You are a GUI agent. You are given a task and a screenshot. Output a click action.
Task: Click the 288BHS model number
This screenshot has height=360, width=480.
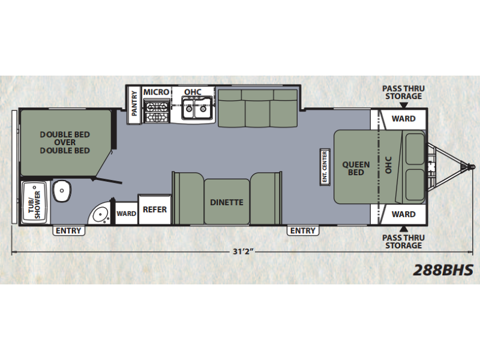[443, 270]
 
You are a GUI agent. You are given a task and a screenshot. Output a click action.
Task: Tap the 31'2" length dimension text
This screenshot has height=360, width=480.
[244, 252]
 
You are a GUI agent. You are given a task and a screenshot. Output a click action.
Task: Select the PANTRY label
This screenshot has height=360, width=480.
[134, 104]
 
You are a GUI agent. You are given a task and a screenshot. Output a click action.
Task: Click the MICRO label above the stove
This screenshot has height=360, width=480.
[156, 92]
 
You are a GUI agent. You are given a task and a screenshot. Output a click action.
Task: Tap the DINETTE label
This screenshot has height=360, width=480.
[227, 202]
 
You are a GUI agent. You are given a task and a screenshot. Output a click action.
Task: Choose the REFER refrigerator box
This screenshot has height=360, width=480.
[155, 209]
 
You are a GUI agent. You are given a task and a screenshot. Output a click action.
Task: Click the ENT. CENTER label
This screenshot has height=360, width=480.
[325, 167]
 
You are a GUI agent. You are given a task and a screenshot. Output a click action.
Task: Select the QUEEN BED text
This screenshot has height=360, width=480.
[356, 169]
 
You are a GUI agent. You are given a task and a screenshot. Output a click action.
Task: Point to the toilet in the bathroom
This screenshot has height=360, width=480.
[62, 191]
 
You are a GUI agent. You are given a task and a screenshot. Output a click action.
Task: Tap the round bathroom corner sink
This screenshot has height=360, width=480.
[100, 214]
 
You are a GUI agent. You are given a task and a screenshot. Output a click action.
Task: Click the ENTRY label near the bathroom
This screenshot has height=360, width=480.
[68, 230]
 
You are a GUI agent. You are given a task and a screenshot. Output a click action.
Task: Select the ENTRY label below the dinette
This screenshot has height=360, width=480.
[303, 230]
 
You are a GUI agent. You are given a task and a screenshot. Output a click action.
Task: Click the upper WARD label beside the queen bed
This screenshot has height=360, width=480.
[403, 118]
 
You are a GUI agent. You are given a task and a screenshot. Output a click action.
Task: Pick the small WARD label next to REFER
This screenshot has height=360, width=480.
[126, 214]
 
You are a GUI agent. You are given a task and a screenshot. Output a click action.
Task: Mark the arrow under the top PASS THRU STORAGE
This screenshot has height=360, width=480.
[404, 106]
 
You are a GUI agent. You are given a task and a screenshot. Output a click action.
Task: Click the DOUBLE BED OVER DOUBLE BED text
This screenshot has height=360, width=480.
[65, 142]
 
